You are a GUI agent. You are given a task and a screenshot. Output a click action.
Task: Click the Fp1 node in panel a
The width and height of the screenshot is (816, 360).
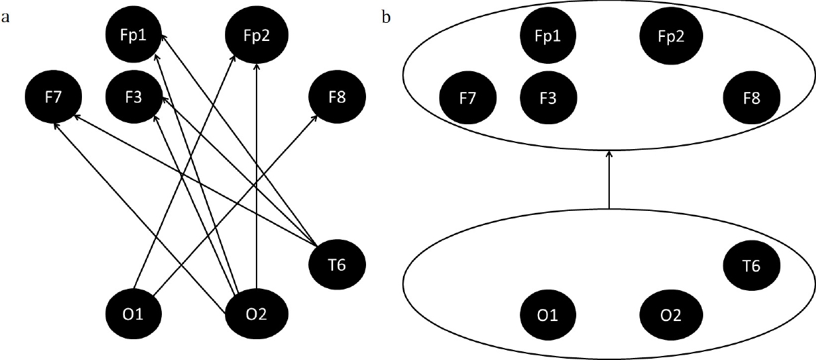[134, 36]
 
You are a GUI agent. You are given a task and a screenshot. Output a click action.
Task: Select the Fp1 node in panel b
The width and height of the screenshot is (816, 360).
[548, 36]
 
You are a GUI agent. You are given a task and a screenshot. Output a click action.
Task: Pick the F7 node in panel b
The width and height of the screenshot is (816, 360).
[468, 98]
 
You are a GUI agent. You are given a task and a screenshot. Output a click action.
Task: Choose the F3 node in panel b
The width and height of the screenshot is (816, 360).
[548, 98]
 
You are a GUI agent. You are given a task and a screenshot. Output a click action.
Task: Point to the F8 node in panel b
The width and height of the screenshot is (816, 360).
[752, 98]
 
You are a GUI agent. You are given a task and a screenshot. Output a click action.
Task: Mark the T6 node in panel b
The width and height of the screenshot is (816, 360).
[752, 265]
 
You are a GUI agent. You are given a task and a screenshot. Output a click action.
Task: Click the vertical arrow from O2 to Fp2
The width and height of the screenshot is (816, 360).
[257, 181]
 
